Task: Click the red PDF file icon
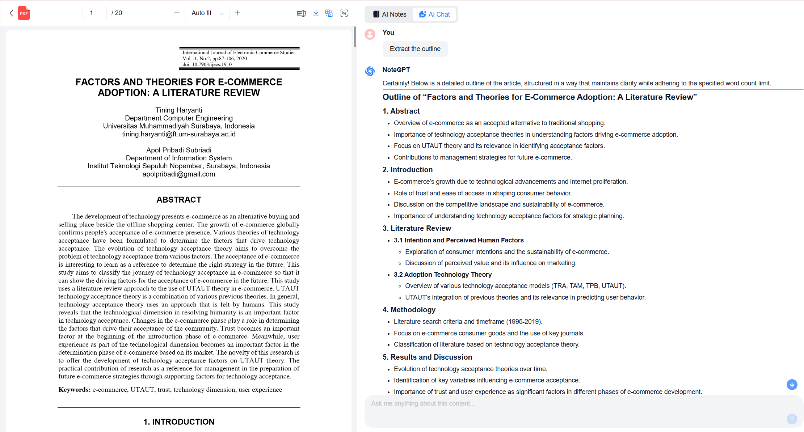24,13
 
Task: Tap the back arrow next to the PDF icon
11,13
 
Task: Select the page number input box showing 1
94,13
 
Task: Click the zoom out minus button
177,13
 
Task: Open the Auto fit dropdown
207,13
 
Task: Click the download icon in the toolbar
316,13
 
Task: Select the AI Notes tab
390,14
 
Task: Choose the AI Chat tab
434,14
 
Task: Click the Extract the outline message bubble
415,49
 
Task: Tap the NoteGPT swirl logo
370,71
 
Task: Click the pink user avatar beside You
370,34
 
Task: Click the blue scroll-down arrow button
792,384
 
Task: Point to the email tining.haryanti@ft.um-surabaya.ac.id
179,134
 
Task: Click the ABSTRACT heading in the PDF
179,200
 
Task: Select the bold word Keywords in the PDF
74,390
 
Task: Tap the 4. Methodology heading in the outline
409,310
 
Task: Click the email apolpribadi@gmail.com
179,174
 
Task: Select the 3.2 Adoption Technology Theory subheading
442,275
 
